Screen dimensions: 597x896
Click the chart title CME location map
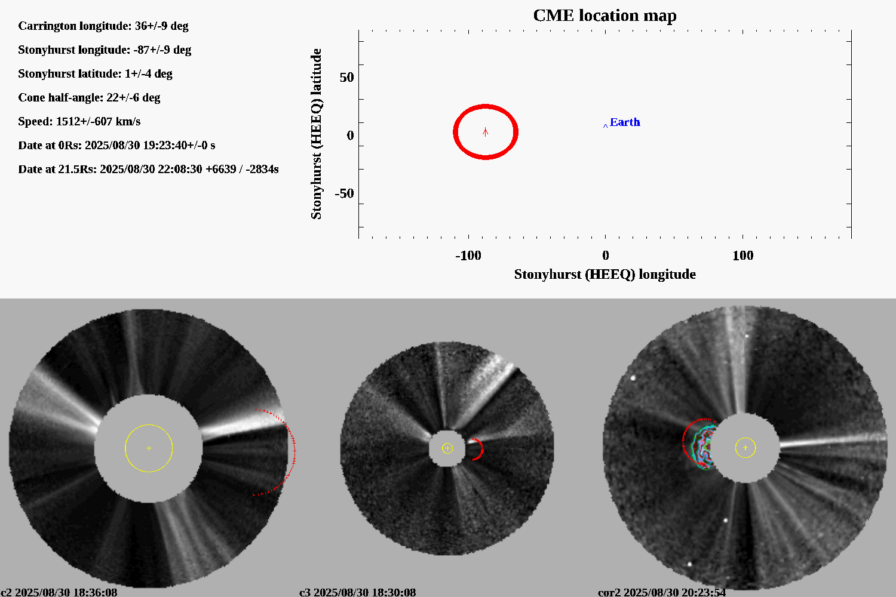605,16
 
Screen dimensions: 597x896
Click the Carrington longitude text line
103,26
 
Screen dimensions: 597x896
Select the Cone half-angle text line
89,98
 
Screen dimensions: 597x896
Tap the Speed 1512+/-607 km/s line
79,122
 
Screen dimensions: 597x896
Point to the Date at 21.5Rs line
148,170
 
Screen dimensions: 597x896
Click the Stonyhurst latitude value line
95,74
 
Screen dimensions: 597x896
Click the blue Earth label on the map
625,122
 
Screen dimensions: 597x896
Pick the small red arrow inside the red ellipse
486,132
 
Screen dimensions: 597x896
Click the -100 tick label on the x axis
468,256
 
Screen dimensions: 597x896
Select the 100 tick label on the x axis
742,256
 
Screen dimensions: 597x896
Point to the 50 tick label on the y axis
346,78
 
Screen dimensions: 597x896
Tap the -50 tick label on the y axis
343,194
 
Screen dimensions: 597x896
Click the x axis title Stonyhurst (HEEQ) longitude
605,275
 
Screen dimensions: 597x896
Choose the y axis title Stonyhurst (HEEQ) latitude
316,134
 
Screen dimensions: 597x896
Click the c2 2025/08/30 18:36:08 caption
59,592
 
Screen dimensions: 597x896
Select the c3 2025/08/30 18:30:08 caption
357,592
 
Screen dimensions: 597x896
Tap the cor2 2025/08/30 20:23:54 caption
662,592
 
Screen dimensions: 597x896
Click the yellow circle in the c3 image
447,448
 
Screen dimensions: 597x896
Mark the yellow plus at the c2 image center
149,448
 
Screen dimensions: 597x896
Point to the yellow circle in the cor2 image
745,448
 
